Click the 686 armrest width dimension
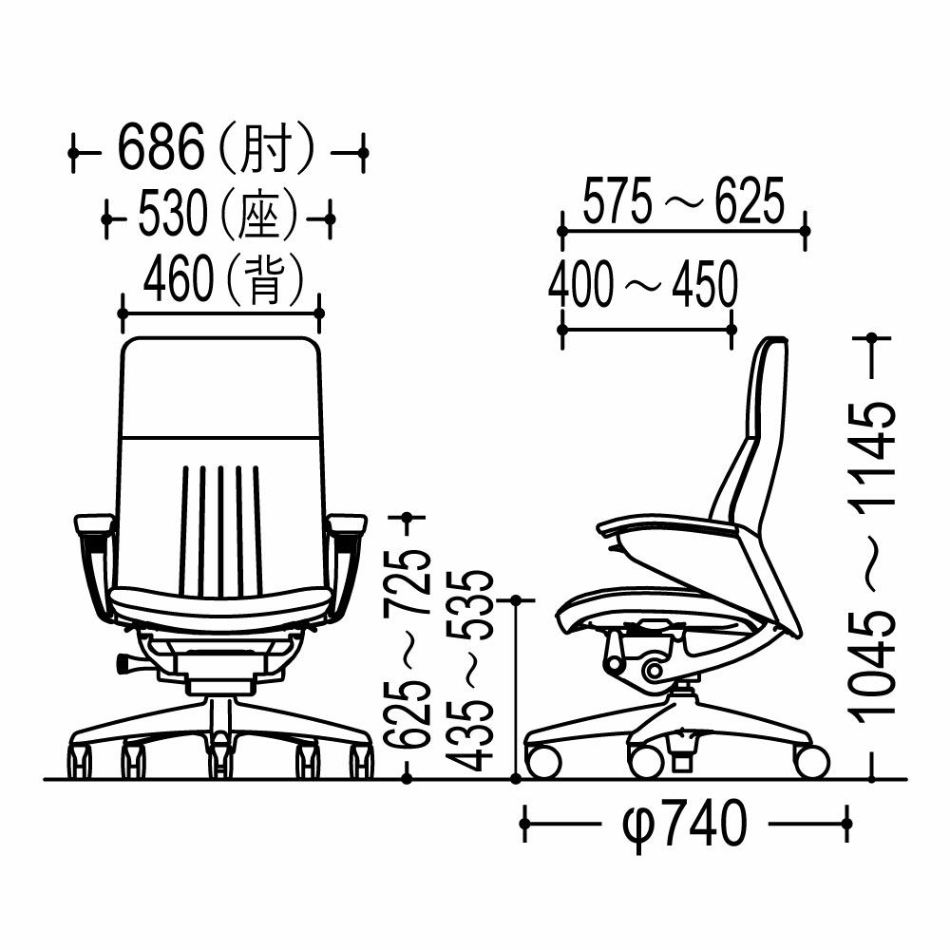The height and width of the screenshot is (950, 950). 161,147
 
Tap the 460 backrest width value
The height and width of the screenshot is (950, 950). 179,280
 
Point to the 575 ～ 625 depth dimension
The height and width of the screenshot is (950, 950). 683,200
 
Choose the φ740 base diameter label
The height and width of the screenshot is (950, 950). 685,824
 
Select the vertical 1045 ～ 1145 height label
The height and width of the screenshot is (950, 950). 875,563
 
